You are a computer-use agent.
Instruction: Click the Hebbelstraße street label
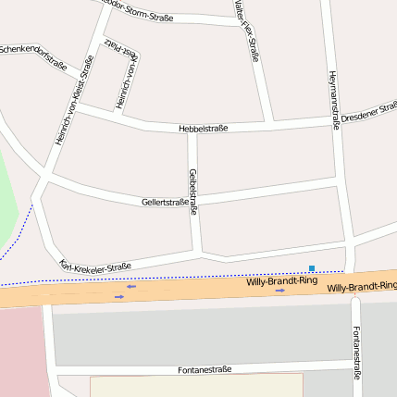(203, 129)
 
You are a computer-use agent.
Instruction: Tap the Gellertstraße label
(166, 201)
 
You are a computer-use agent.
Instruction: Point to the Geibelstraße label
(193, 192)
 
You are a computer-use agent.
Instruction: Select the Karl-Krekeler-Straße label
(94, 266)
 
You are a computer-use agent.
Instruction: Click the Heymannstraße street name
(333, 101)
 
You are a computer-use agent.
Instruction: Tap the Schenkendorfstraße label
(32, 56)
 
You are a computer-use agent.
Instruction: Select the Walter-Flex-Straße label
(247, 32)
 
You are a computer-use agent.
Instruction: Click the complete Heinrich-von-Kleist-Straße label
(74, 101)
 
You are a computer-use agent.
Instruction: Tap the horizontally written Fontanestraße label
(204, 369)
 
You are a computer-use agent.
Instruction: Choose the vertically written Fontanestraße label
(356, 352)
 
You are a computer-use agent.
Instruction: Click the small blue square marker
(312, 268)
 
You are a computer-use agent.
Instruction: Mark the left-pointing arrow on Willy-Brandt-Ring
(131, 286)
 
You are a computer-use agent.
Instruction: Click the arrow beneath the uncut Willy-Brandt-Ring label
(279, 290)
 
